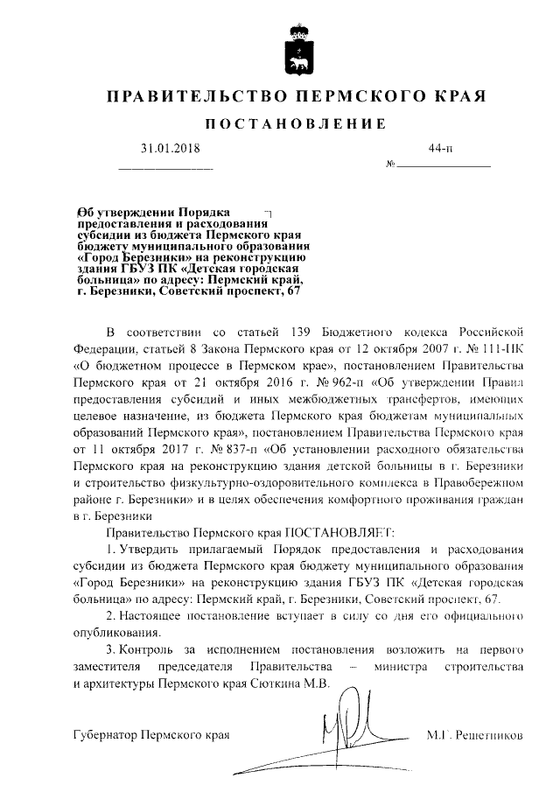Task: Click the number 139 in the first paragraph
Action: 299,333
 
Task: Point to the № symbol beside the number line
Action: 390,165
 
